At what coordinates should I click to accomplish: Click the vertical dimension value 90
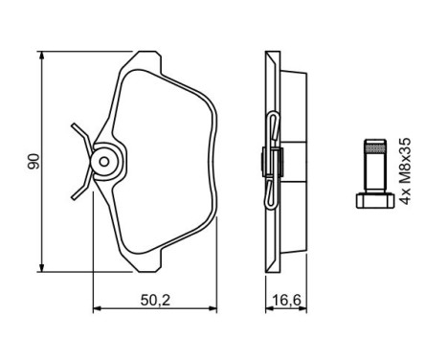[x=32, y=161]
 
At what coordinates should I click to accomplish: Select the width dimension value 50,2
[x=154, y=300]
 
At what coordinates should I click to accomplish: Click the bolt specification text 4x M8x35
[x=409, y=170]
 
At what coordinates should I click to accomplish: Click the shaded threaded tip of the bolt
[x=373, y=148]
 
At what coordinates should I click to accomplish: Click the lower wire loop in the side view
[x=274, y=196]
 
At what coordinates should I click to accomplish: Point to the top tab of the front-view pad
[x=154, y=57]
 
